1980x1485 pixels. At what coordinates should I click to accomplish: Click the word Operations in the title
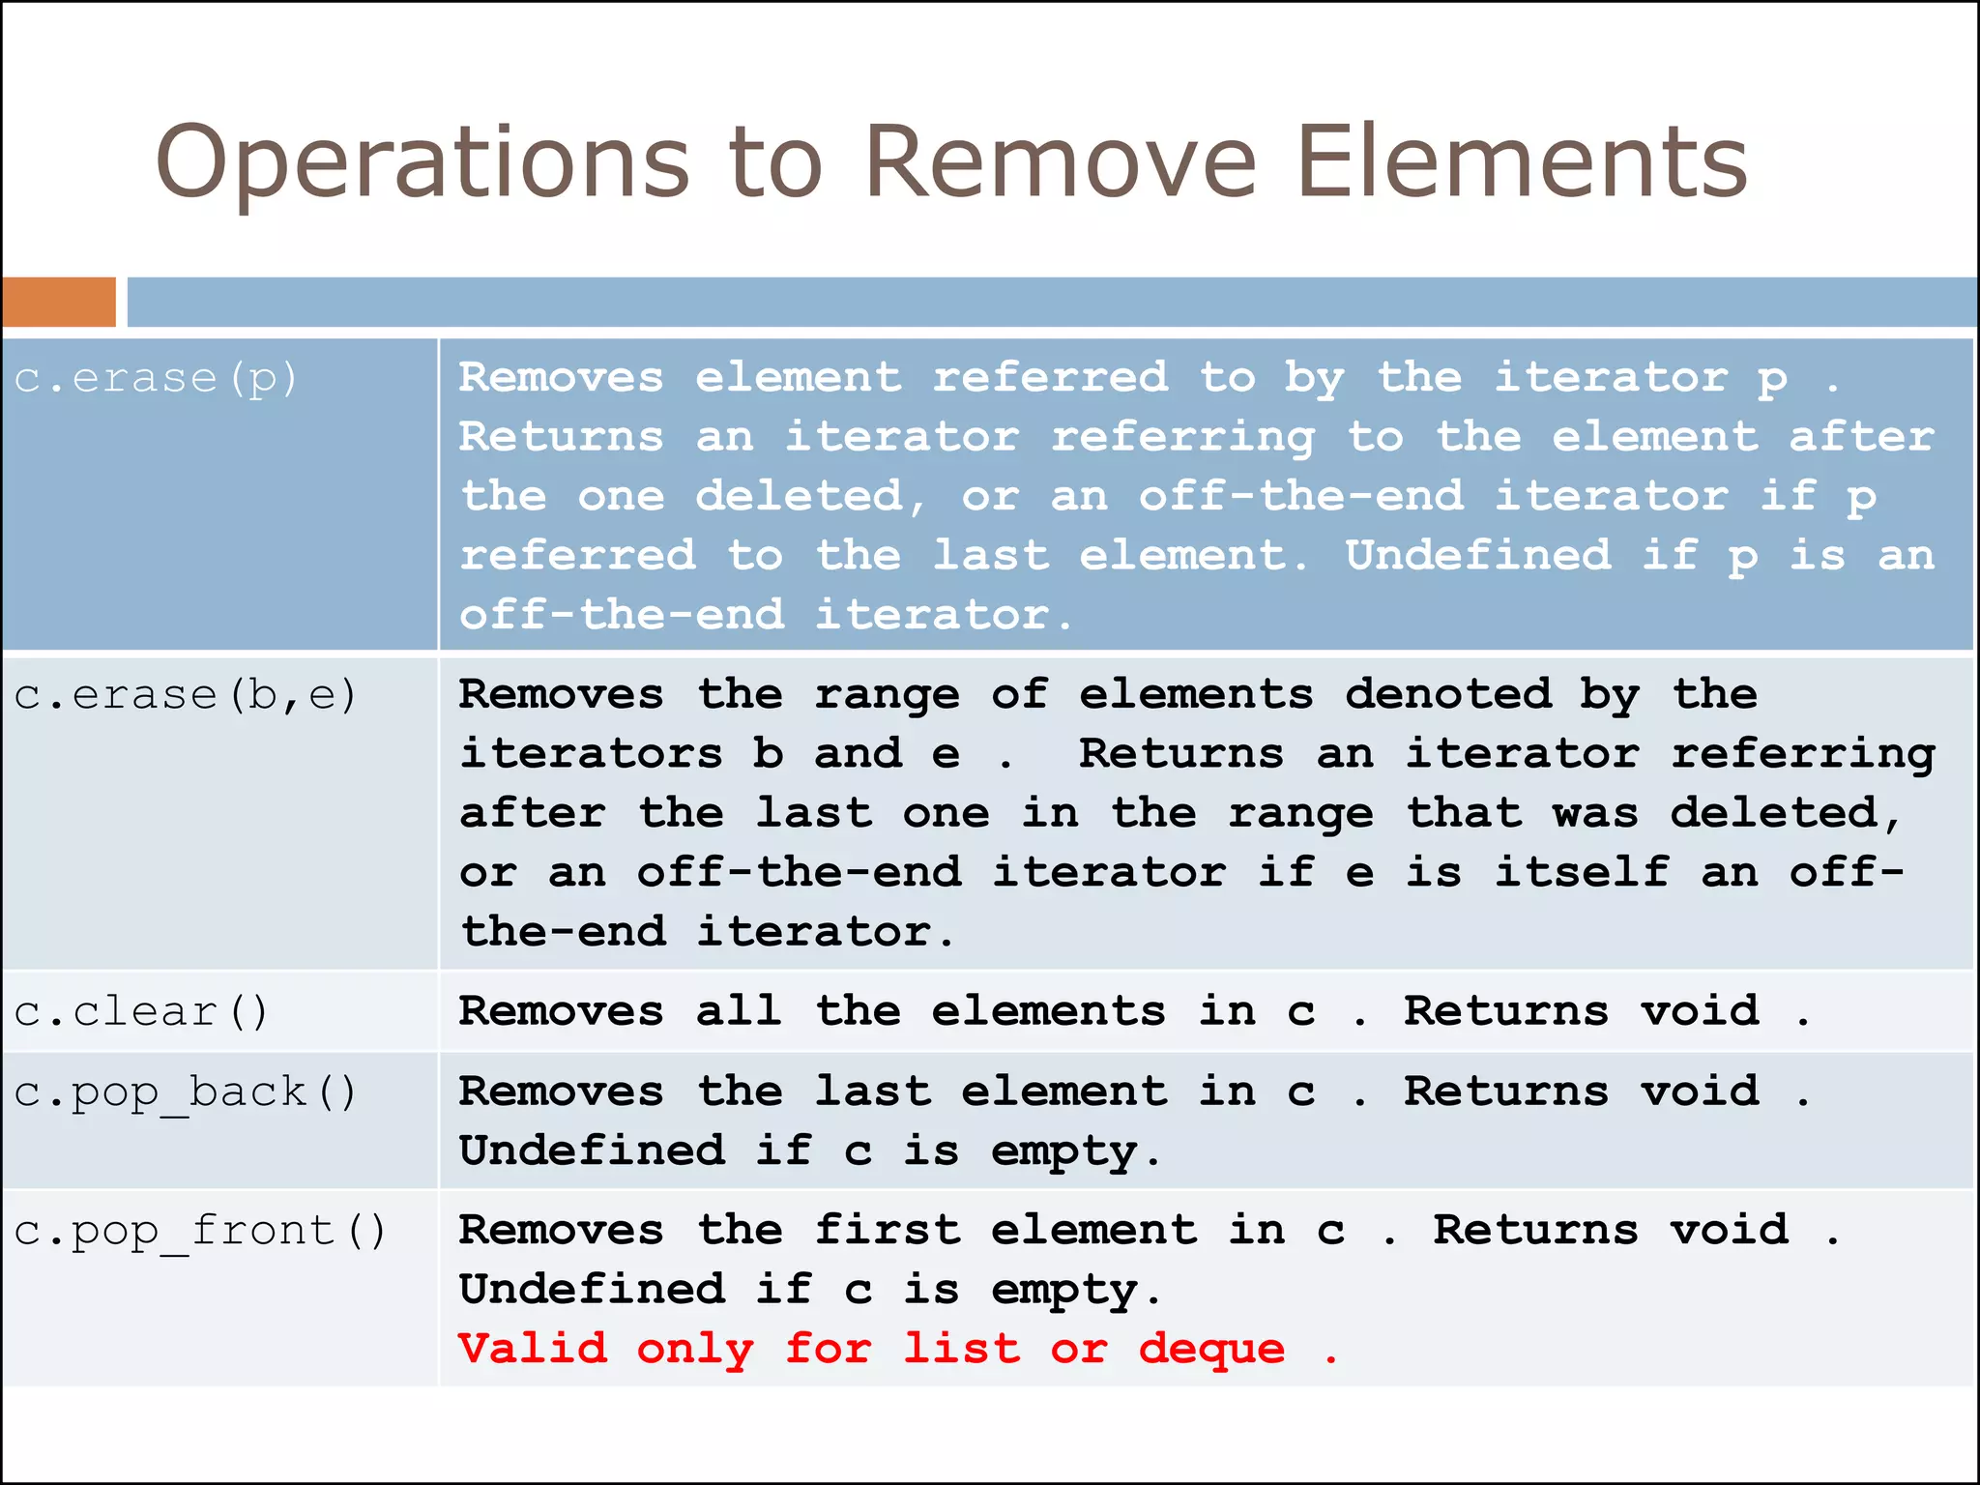click(x=422, y=162)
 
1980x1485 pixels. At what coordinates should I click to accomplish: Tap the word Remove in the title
click(x=1060, y=162)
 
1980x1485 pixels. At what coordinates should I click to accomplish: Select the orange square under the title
click(x=59, y=302)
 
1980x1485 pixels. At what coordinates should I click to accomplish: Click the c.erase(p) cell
click(x=155, y=378)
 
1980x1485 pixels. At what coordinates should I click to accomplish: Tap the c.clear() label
click(x=141, y=1012)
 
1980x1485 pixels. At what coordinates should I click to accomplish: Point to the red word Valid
click(x=533, y=1349)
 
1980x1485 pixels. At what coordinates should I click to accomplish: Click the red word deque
click(x=1211, y=1349)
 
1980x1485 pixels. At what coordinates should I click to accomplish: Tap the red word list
click(x=961, y=1349)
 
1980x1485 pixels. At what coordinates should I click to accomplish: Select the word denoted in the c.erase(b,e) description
click(x=1447, y=694)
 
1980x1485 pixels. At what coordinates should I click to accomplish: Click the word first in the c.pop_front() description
click(x=888, y=1230)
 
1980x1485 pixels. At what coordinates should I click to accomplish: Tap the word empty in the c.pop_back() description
click(x=1064, y=1152)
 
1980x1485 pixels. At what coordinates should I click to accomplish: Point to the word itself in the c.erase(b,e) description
click(x=1582, y=872)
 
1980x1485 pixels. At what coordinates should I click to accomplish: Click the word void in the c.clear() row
click(x=1700, y=1011)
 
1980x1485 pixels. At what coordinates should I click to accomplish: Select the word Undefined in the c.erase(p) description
click(x=1477, y=556)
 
